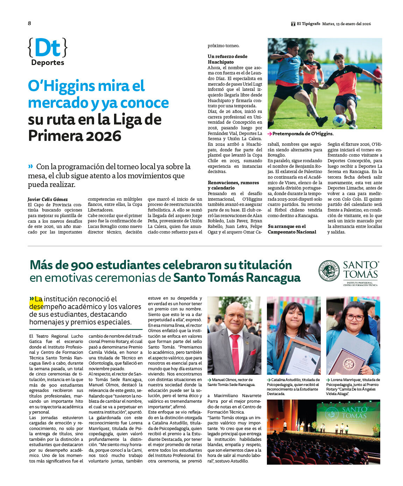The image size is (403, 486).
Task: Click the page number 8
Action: [29, 23]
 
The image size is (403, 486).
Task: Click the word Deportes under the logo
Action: [48, 63]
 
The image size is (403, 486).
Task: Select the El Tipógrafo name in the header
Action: [308, 24]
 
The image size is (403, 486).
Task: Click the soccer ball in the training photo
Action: [339, 121]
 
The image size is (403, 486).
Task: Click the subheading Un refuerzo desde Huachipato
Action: [227, 59]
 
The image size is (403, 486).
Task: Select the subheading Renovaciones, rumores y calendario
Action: [233, 185]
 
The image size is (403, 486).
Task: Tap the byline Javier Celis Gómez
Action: [48, 199]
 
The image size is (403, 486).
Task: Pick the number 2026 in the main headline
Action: [104, 136]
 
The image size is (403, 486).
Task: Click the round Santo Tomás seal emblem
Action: [328, 271]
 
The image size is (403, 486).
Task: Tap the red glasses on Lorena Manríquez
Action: [355, 317]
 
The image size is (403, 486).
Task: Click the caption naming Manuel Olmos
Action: [232, 382]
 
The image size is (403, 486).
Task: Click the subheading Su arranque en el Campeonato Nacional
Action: [292, 229]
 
